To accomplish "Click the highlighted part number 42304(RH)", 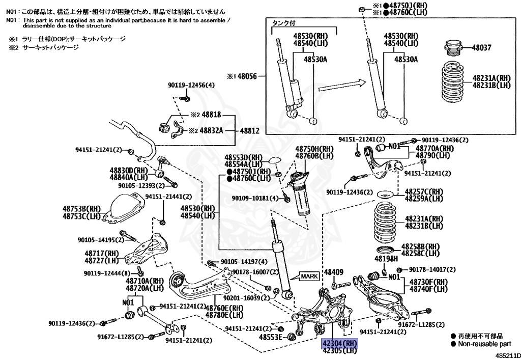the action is click(x=339, y=343).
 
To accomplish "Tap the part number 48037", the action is click(x=481, y=47).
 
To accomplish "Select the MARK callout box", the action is click(x=309, y=276).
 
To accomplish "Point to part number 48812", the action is click(x=249, y=131).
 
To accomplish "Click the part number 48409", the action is click(x=334, y=272).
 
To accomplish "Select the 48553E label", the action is click(x=271, y=337).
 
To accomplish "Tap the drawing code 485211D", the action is click(x=508, y=355).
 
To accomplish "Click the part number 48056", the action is click(x=247, y=76).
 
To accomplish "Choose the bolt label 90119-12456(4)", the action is click(x=191, y=85).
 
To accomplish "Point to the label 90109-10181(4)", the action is click(x=255, y=198).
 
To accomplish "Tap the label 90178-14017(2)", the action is click(x=432, y=269).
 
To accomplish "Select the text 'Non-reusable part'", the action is click(x=484, y=344).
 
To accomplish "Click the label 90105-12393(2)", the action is click(x=141, y=185).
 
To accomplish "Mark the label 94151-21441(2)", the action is click(x=168, y=197).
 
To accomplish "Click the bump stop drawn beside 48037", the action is click(x=453, y=48).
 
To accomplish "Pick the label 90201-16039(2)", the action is click(x=247, y=298).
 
